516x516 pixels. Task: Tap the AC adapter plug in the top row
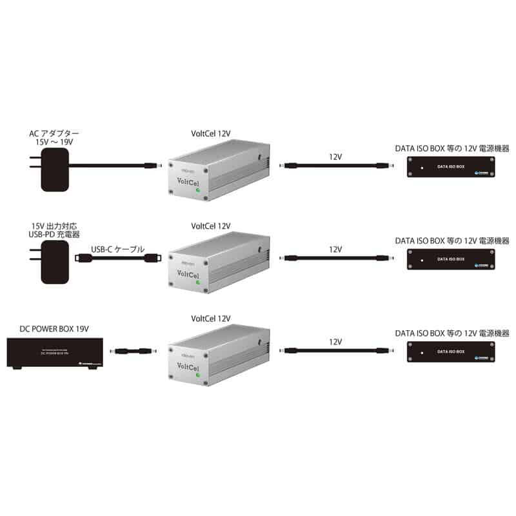[x=52, y=169]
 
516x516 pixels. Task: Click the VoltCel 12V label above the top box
[x=211, y=134]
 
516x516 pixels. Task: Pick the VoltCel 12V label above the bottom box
[x=211, y=319]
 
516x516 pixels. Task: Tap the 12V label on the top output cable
[x=335, y=156]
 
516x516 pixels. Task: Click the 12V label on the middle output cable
[x=335, y=249]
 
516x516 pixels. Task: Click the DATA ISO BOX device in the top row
[x=451, y=168]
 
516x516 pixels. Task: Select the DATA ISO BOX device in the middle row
[x=451, y=259]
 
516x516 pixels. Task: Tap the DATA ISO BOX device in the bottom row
[x=451, y=352]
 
